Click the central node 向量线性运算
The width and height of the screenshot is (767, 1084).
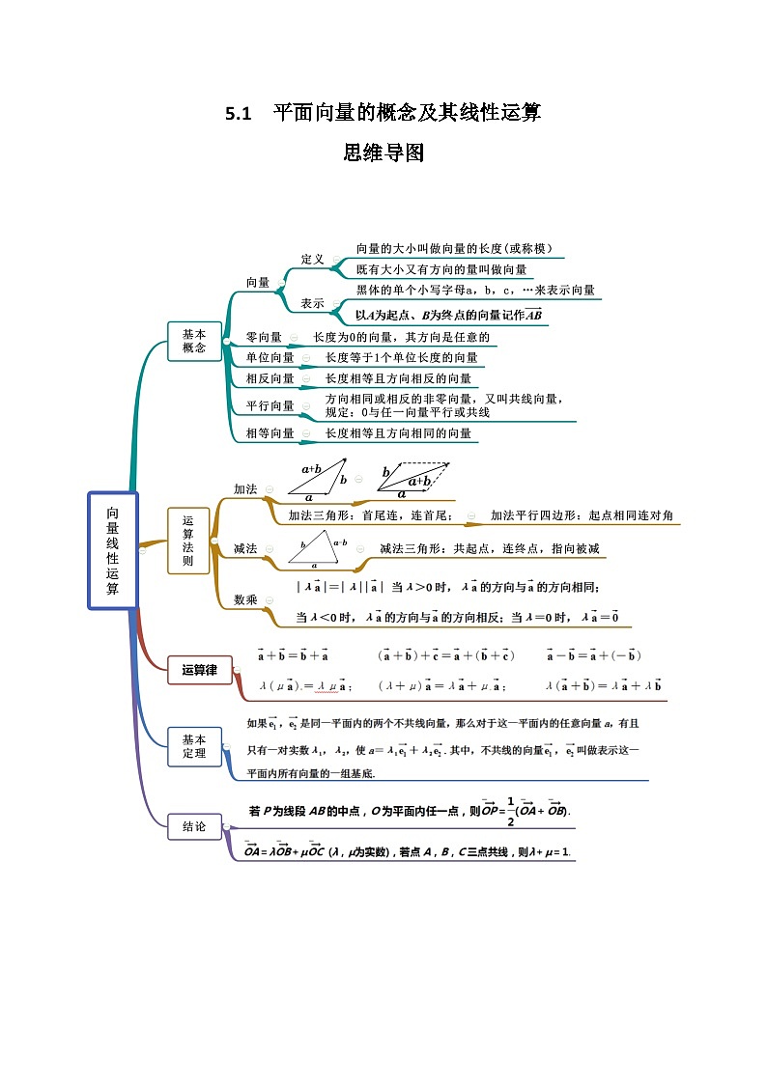(113, 550)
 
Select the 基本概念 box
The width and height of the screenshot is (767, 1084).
(194, 341)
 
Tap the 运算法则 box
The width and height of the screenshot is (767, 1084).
(188, 541)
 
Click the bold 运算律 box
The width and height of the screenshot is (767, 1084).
(200, 670)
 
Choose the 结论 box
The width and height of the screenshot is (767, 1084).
(194, 826)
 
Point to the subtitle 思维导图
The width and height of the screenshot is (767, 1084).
(383, 153)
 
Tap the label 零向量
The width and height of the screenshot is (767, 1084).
(264, 338)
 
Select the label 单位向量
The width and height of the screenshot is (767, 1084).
(270, 358)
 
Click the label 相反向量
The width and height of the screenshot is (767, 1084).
(270, 378)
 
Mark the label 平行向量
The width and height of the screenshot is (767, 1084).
(270, 405)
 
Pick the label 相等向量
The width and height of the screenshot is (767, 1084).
(270, 433)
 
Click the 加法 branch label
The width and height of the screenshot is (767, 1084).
(245, 489)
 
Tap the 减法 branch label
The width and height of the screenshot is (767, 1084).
(245, 548)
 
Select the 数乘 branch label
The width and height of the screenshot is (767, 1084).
(245, 599)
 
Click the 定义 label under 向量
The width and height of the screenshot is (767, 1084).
(313, 259)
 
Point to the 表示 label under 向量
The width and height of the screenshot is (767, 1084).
(312, 303)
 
